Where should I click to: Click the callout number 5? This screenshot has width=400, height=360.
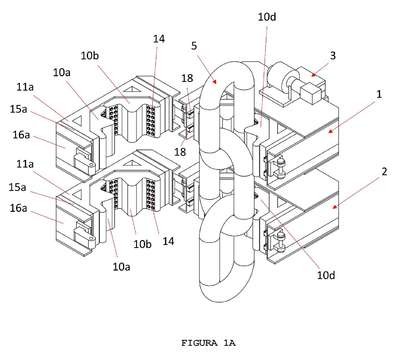(194, 46)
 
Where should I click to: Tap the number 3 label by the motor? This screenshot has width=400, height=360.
(333, 55)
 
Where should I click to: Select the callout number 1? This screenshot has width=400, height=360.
(379, 94)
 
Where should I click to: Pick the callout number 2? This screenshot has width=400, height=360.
(384, 172)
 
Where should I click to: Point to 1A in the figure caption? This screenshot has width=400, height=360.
(229, 343)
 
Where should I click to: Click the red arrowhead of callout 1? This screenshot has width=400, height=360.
(330, 132)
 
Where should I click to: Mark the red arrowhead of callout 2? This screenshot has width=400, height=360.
(334, 207)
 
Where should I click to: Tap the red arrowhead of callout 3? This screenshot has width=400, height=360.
(313, 74)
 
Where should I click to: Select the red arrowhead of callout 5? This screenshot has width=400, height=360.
(216, 81)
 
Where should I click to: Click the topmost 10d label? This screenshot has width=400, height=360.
(267, 17)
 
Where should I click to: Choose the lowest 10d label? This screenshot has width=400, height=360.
(326, 275)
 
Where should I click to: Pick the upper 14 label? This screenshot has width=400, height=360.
(159, 39)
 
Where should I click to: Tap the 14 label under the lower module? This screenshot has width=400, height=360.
(168, 241)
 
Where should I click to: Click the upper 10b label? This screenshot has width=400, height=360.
(90, 55)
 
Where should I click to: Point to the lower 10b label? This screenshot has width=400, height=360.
(143, 244)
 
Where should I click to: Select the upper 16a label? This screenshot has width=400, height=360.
(21, 135)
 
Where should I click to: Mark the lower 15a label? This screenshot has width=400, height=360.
(18, 187)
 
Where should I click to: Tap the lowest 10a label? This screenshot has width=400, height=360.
(121, 266)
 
